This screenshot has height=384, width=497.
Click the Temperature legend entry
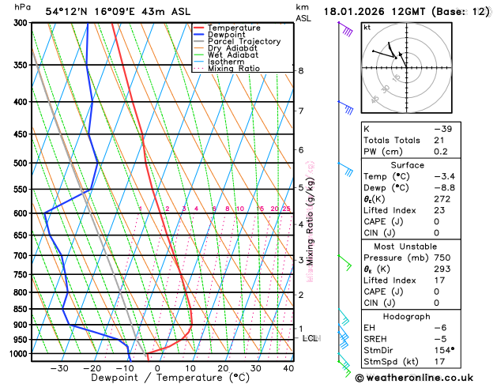pos(235,28)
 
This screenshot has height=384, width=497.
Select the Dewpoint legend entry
pos(228,35)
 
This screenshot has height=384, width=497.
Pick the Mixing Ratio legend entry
pos(233,69)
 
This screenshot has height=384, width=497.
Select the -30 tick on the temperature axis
pos(59,368)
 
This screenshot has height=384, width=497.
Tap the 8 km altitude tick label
pos(300,71)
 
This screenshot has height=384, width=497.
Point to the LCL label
pos(311,338)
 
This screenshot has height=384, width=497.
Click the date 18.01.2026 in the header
pos(356,11)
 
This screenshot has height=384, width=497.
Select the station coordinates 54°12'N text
pos(66,11)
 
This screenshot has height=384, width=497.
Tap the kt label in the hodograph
pos(367,27)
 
